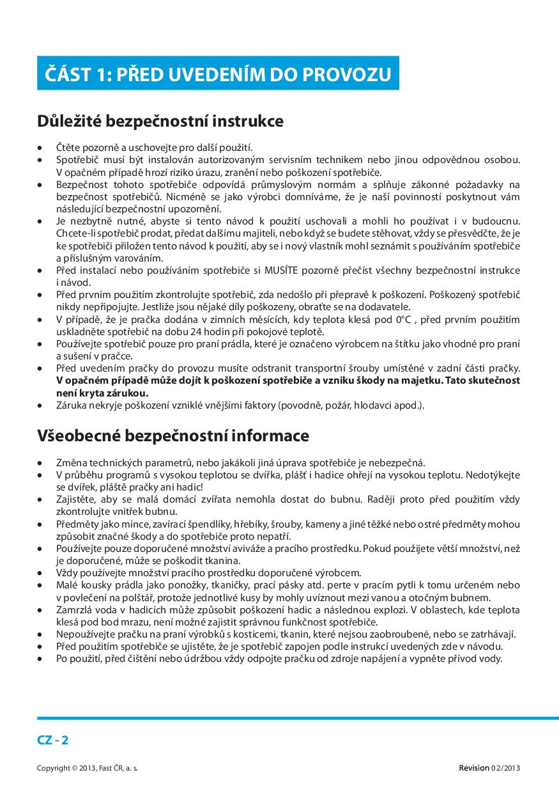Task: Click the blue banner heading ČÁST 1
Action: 218,74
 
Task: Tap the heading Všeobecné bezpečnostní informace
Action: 173,436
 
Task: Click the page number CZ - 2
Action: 53,741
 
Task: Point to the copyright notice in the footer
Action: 88,767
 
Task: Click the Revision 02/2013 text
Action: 489,767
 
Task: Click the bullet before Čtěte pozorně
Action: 41,148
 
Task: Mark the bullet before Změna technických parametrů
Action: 41,463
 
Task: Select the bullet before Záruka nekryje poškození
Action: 41,405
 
